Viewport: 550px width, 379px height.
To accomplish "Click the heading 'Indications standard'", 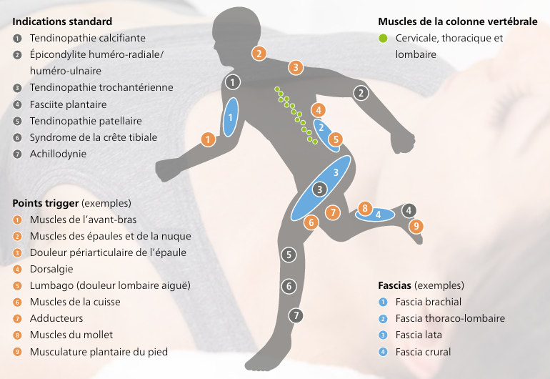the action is coord(62,21).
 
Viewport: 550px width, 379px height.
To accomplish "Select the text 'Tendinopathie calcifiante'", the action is coord(88,38).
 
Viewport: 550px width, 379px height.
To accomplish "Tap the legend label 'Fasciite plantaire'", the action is coord(68,104).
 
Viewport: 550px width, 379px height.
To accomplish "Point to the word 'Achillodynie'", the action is coord(58,154).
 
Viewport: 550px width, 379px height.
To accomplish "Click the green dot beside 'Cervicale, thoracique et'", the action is coord(383,38).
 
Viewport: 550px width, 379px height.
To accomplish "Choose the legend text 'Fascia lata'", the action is coord(419,335).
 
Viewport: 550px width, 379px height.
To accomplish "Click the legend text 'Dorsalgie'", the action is coord(51,269).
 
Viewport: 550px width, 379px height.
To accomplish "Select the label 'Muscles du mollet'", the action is coord(71,335).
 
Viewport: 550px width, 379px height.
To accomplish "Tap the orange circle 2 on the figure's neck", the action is coord(259,54).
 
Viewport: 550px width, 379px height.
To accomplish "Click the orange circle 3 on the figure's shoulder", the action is coord(296,67).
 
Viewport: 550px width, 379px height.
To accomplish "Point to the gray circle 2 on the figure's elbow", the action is coord(361,93).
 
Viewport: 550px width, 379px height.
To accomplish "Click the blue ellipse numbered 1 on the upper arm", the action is coord(231,117).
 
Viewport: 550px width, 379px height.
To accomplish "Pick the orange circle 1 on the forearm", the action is coord(208,139).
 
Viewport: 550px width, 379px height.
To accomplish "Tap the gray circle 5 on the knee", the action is coord(289,255).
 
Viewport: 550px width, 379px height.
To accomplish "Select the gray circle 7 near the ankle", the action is coord(296,315).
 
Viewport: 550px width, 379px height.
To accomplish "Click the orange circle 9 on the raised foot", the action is coord(416,225).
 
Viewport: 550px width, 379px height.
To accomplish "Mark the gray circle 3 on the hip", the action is coord(319,189).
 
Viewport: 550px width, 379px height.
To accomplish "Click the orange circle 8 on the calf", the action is coord(365,208).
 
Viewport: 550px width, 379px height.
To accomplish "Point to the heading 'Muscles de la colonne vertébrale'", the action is coord(458,21).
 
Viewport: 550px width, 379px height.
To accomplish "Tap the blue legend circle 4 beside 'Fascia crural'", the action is coord(383,352).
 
